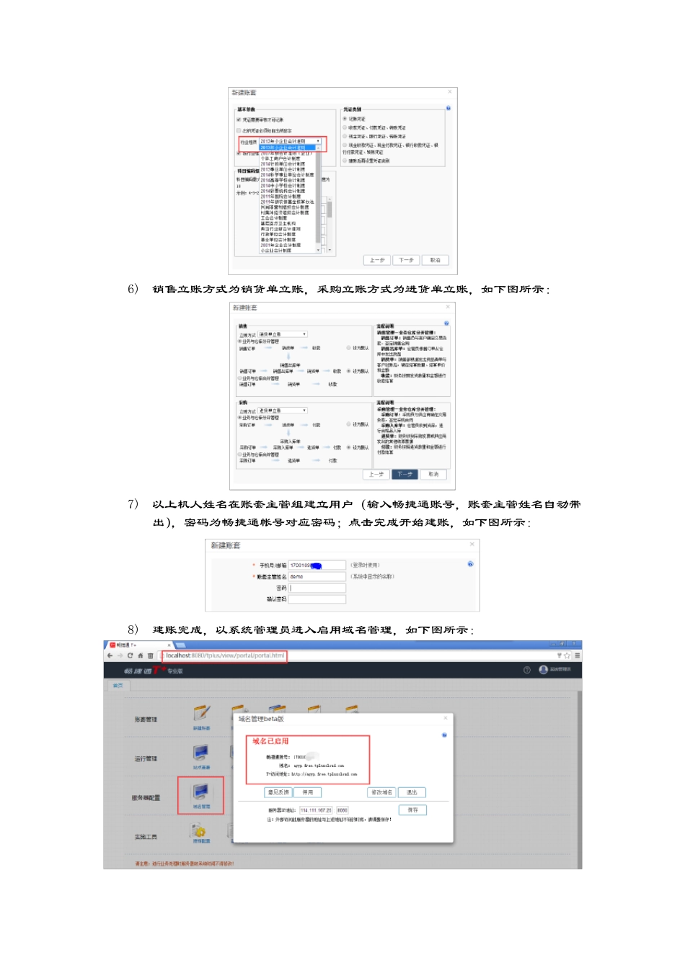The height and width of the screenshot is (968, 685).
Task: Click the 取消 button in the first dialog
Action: (435, 260)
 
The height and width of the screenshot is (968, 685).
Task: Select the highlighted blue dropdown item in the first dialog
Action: (288, 148)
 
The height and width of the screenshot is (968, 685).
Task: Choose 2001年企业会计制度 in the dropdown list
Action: (281, 245)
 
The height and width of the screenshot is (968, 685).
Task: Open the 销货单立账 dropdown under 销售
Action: (283, 334)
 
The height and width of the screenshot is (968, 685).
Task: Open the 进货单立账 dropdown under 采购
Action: (283, 411)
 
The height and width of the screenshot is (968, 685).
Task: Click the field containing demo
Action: (317, 577)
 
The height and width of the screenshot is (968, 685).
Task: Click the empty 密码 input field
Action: (317, 588)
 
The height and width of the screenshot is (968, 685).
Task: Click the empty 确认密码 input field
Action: (317, 599)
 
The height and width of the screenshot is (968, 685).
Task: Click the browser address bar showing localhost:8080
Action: (224, 656)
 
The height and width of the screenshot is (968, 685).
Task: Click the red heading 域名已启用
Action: (270, 741)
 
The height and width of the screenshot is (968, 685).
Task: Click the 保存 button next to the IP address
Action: (412, 810)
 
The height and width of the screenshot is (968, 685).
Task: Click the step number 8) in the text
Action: (133, 630)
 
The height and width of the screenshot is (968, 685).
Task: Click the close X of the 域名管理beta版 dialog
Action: (446, 718)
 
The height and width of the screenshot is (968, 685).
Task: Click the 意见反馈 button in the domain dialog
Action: (278, 792)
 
